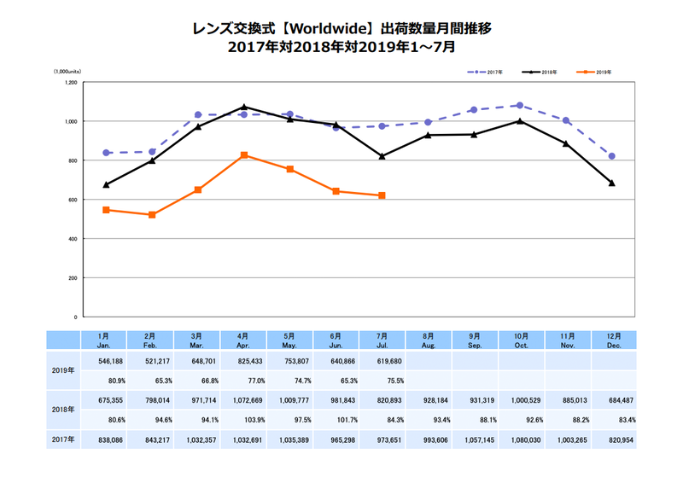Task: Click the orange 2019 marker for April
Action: (244, 155)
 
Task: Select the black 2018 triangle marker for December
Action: (612, 183)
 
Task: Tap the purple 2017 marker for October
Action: (520, 106)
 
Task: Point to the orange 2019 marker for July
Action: (382, 195)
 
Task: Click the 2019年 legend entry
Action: (598, 73)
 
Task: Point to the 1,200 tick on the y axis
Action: (71, 83)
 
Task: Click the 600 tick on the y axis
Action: (73, 200)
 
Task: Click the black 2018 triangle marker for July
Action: (382, 156)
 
